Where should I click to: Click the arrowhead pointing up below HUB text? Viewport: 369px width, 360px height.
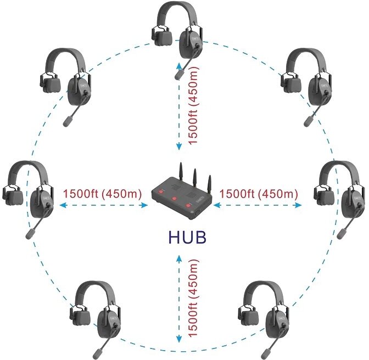[x=179, y=257]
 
